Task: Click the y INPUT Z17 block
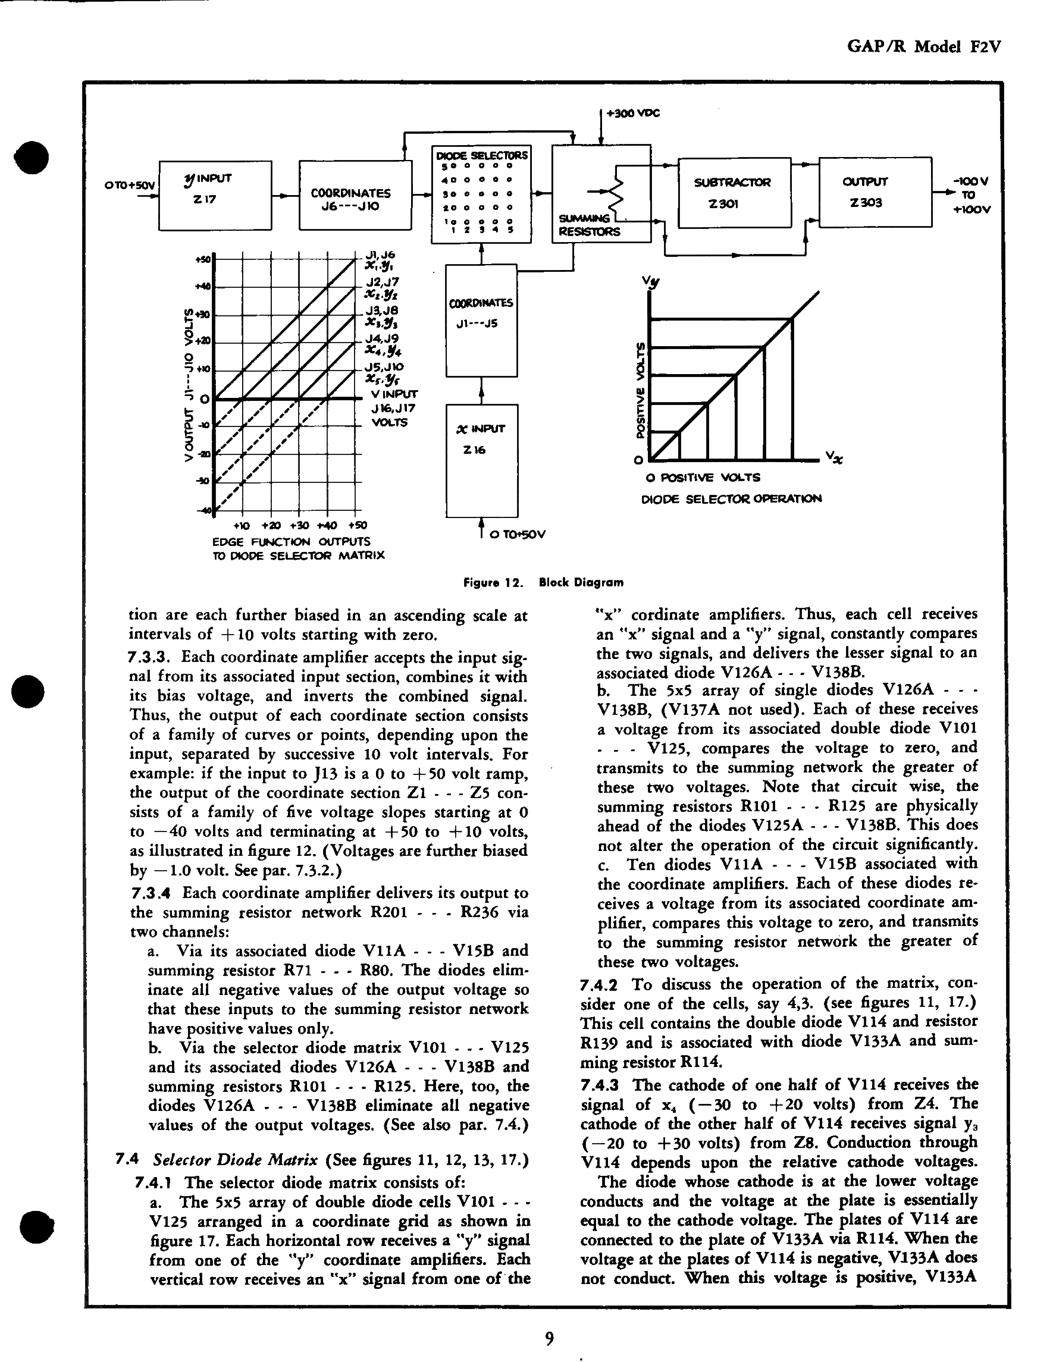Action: (x=215, y=195)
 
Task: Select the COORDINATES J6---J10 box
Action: (x=355, y=195)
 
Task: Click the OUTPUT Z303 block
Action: (x=875, y=192)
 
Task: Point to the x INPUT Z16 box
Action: (x=481, y=460)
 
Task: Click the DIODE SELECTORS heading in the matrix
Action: (x=481, y=155)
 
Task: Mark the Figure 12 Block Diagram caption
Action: (x=543, y=582)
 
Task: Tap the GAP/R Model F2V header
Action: (x=924, y=47)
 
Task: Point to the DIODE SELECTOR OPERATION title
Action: (x=731, y=498)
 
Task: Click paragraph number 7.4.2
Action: (x=598, y=985)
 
